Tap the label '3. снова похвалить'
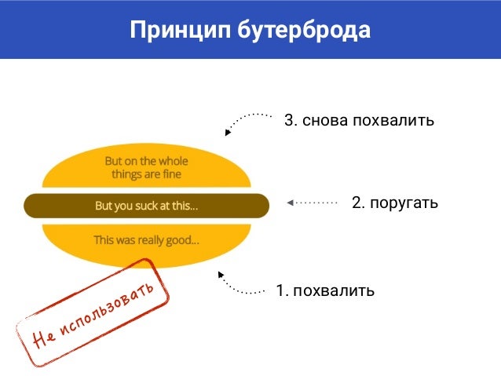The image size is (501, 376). (x=359, y=121)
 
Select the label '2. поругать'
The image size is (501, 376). (x=394, y=203)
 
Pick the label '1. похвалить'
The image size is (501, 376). (x=325, y=290)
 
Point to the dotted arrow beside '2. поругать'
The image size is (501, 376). (x=312, y=203)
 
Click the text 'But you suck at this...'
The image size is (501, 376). (x=146, y=206)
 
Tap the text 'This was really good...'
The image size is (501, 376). (x=146, y=239)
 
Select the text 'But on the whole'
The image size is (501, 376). (x=146, y=161)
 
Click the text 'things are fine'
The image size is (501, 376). (x=146, y=174)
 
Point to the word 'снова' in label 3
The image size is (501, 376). (x=324, y=121)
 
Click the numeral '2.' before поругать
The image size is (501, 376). (x=358, y=203)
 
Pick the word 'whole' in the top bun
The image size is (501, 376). (x=173, y=161)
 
